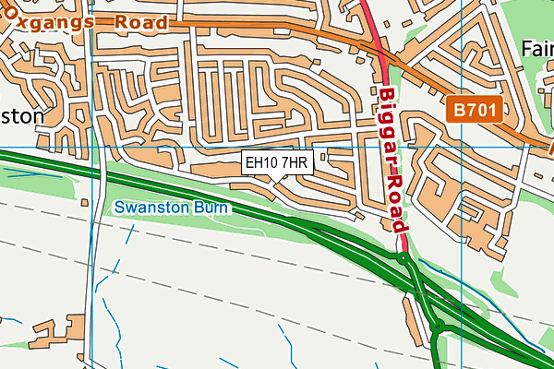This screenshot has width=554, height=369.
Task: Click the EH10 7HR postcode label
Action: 278,164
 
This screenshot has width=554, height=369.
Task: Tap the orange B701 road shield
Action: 476,111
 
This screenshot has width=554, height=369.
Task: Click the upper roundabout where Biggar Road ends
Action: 403,259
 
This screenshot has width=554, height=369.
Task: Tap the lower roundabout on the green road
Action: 435,327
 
